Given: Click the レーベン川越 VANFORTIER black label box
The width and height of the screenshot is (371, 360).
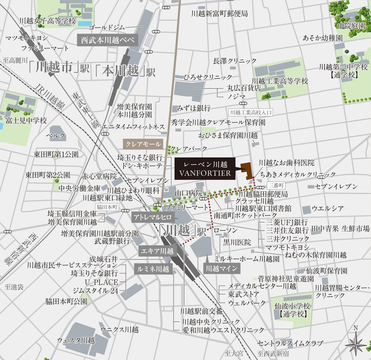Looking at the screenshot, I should coord(204,169).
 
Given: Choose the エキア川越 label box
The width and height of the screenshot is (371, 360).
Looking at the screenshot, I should coord(157,251).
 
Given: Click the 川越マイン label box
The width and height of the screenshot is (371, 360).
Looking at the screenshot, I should coord(222,269).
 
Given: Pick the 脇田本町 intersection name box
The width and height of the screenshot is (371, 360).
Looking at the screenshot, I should coord(108,207).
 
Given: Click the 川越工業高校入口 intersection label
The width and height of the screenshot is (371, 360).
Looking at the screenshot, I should coord(251,112).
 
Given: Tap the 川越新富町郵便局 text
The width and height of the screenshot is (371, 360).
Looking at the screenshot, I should coord(220,14).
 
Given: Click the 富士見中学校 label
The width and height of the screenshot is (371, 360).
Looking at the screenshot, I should coord(26,121).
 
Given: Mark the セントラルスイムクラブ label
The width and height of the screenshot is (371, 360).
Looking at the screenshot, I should coord(290,343).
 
